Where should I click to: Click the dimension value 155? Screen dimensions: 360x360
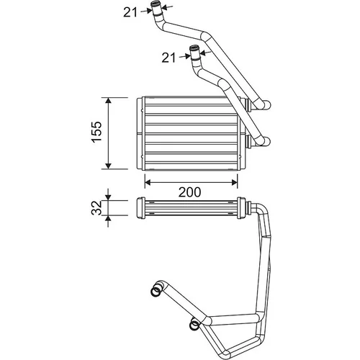pos(97,132)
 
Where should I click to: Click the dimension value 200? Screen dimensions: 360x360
pos(189,192)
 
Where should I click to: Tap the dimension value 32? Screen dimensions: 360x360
pos(97,208)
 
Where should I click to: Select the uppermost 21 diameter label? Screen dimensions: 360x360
pos(130,12)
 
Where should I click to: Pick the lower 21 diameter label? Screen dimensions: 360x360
pos(168,58)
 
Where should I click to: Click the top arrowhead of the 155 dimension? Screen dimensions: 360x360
pos(109,100)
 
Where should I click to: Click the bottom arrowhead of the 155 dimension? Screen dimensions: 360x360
pos(109,166)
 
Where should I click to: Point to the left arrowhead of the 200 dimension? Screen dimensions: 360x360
pos(148,182)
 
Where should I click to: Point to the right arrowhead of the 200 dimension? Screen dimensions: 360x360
pos(234,182)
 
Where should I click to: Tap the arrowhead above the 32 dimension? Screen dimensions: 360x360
pos(109,197)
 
